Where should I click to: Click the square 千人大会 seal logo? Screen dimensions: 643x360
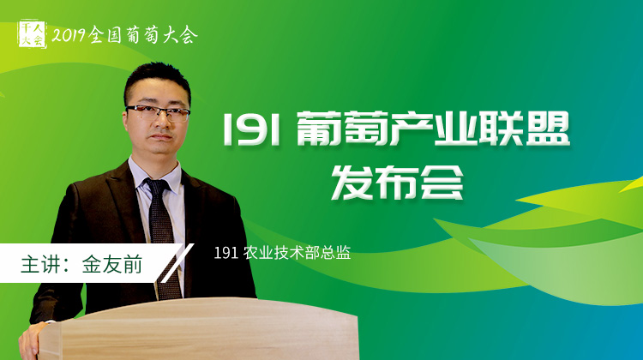tap(32, 34)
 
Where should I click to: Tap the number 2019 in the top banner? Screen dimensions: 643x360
tap(69, 36)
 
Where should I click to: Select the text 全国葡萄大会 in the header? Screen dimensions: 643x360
tap(143, 35)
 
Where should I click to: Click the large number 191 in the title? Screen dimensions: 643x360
tap(251, 129)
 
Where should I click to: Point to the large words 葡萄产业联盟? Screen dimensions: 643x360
tap(433, 129)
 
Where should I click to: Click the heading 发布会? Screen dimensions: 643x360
tap(397, 182)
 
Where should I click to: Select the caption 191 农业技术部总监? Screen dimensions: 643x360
tap(282, 253)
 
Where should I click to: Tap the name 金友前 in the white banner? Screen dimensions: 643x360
tap(112, 264)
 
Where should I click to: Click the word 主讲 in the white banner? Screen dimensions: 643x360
tap(40, 264)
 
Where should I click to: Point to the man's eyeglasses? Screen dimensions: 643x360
tap(158, 112)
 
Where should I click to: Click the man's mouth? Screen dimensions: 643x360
tap(160, 137)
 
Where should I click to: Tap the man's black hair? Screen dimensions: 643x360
tap(156, 81)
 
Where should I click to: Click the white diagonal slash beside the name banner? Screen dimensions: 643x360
tap(177, 263)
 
